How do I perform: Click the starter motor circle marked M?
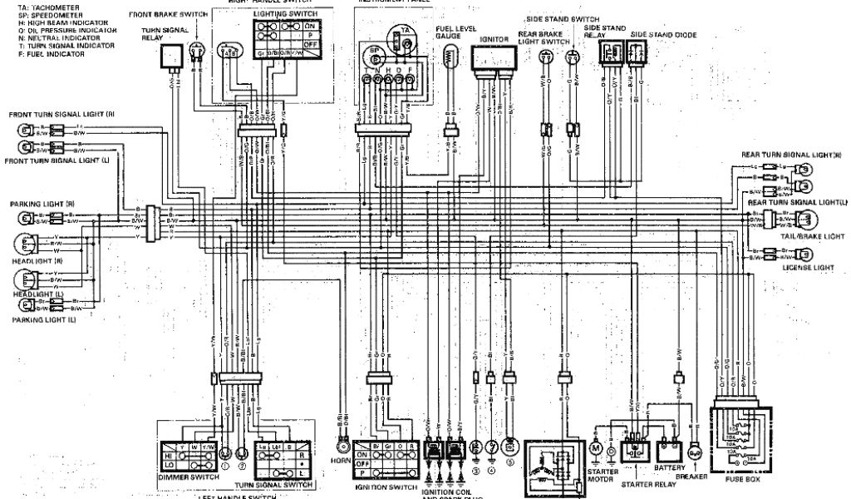[x=595, y=449]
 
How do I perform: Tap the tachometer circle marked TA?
[x=405, y=30]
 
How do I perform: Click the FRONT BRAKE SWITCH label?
[x=166, y=14]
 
